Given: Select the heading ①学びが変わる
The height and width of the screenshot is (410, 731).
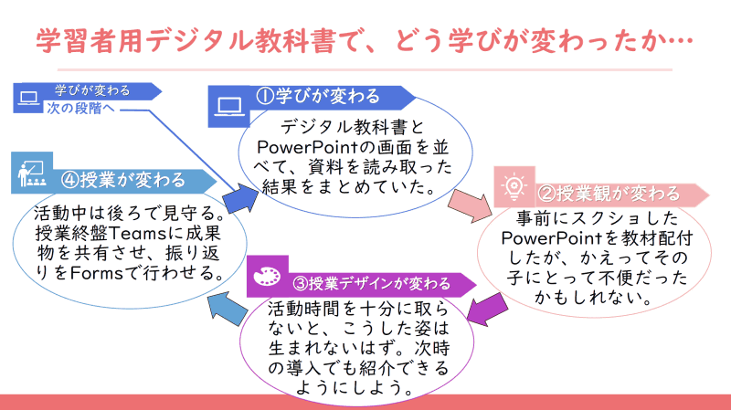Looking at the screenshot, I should (x=316, y=96).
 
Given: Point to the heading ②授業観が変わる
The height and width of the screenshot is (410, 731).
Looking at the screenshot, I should (x=607, y=194).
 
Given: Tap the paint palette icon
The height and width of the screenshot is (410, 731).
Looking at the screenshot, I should (x=267, y=276).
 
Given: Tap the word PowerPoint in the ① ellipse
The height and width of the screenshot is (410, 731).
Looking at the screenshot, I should (x=299, y=149).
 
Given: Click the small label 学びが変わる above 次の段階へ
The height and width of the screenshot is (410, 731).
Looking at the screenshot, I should (x=92, y=90).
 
